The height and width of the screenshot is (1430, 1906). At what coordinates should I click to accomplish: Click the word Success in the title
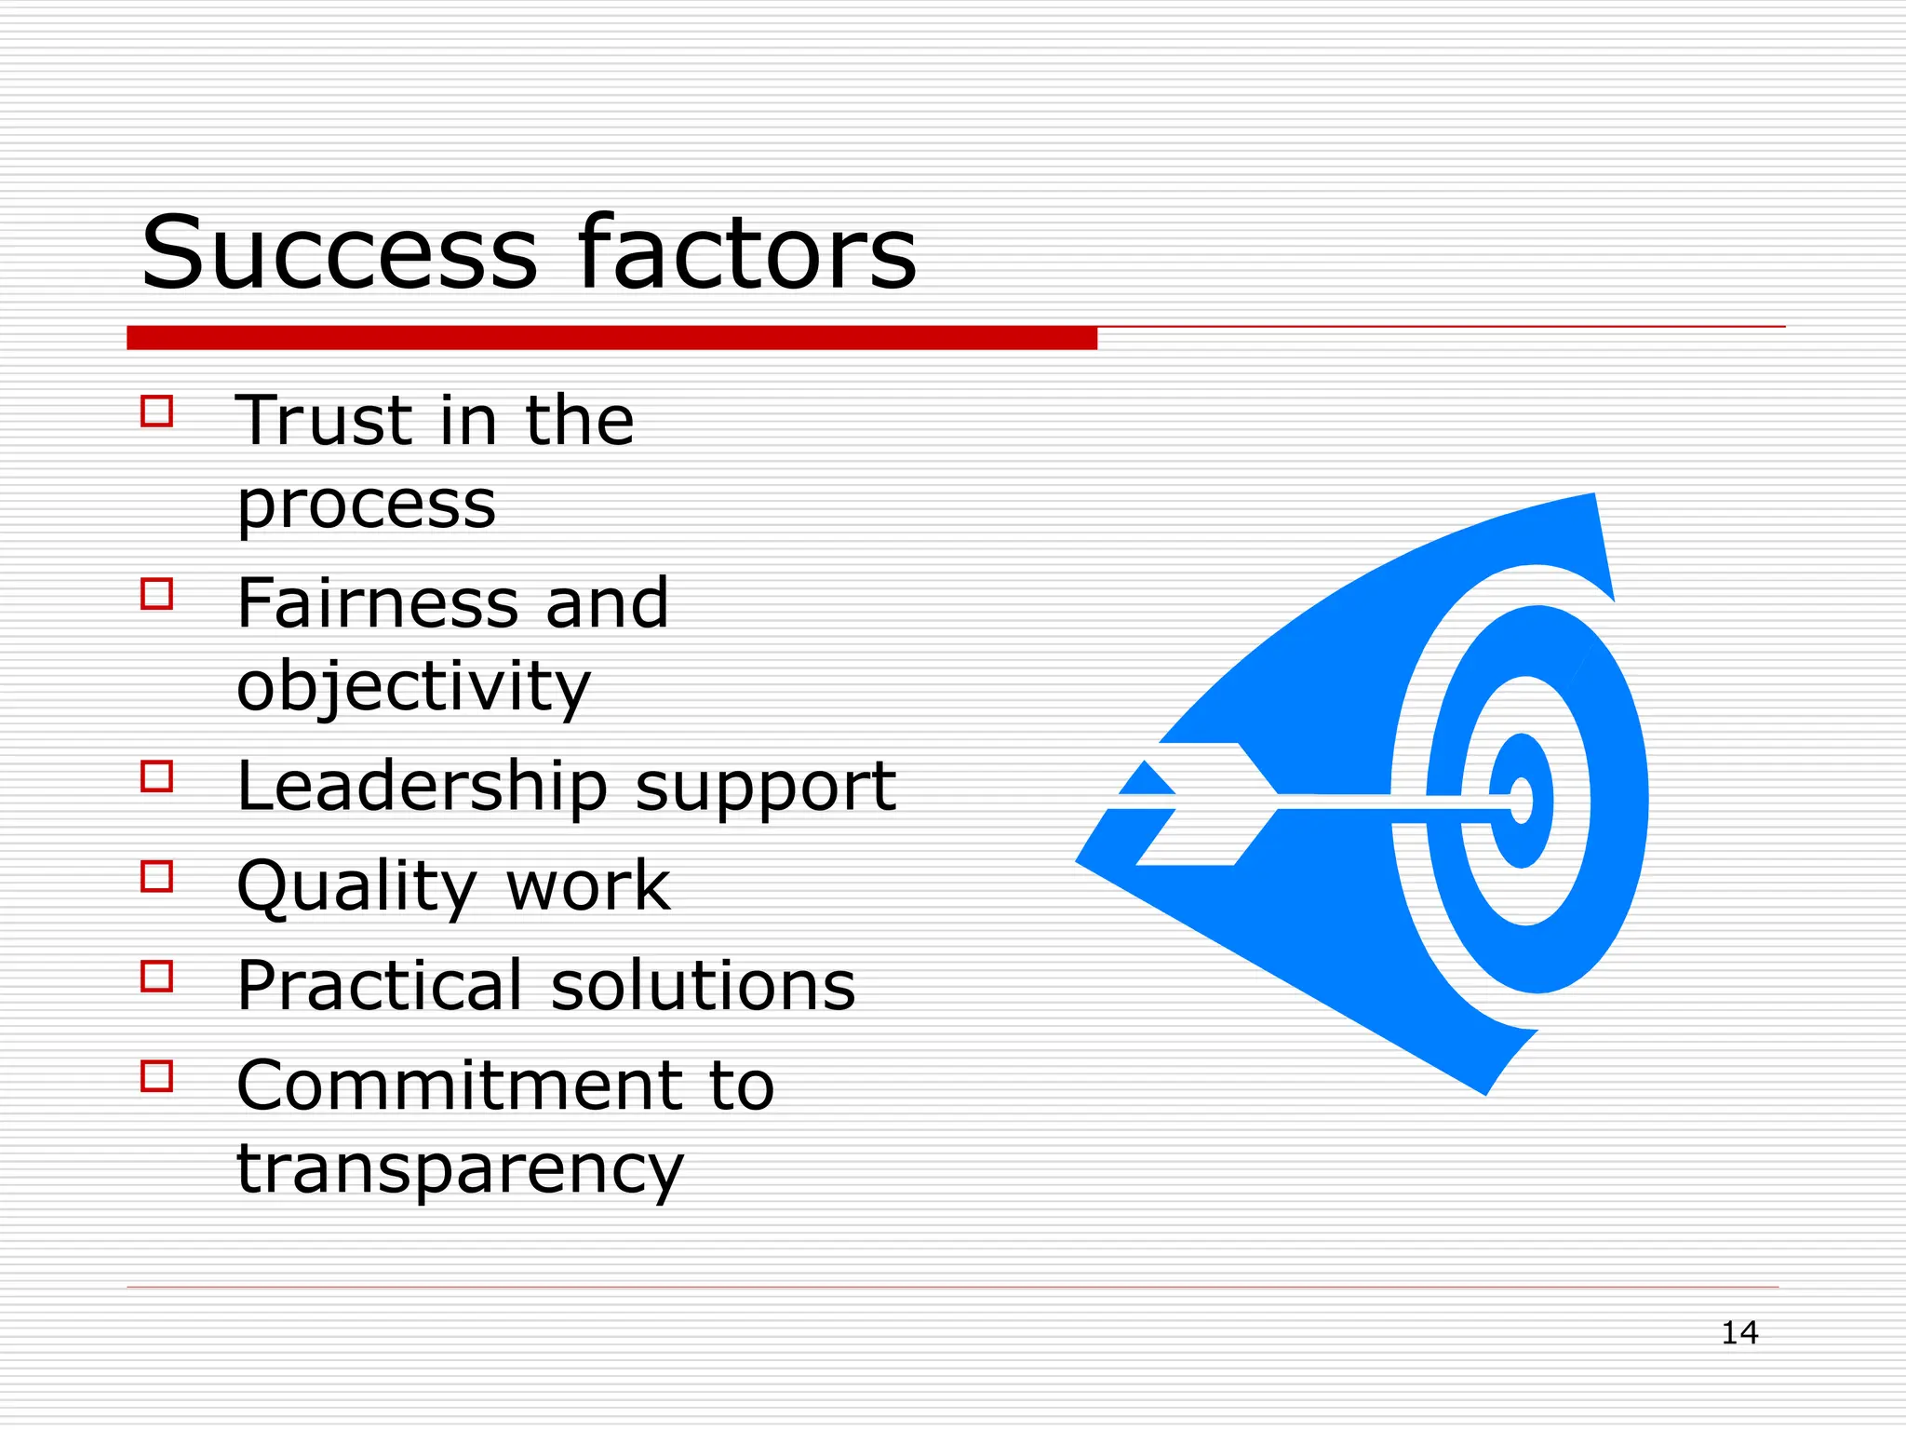339,253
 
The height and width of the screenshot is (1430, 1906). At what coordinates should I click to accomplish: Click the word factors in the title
746,253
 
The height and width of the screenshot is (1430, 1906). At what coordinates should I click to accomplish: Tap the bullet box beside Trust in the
157,411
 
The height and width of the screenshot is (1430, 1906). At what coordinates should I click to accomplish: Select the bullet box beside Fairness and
157,594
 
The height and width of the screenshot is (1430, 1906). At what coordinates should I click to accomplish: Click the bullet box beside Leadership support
157,776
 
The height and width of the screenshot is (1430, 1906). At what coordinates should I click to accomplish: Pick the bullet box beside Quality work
157,876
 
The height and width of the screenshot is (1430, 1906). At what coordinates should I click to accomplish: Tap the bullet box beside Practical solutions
157,977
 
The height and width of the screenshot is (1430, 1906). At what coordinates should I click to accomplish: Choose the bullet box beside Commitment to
157,1076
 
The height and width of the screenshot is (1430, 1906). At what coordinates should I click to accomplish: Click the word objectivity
413,687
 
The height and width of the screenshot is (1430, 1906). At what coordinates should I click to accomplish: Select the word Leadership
422,788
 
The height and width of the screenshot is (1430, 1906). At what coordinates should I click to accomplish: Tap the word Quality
357,887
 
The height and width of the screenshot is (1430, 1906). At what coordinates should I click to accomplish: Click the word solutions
703,986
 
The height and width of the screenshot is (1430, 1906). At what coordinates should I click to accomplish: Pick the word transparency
460,1170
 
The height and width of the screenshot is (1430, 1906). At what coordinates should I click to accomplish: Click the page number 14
1738,1333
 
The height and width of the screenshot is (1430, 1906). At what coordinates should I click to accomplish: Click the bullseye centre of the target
1521,801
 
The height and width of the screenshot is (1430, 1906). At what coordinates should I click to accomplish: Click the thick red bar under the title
611,338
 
